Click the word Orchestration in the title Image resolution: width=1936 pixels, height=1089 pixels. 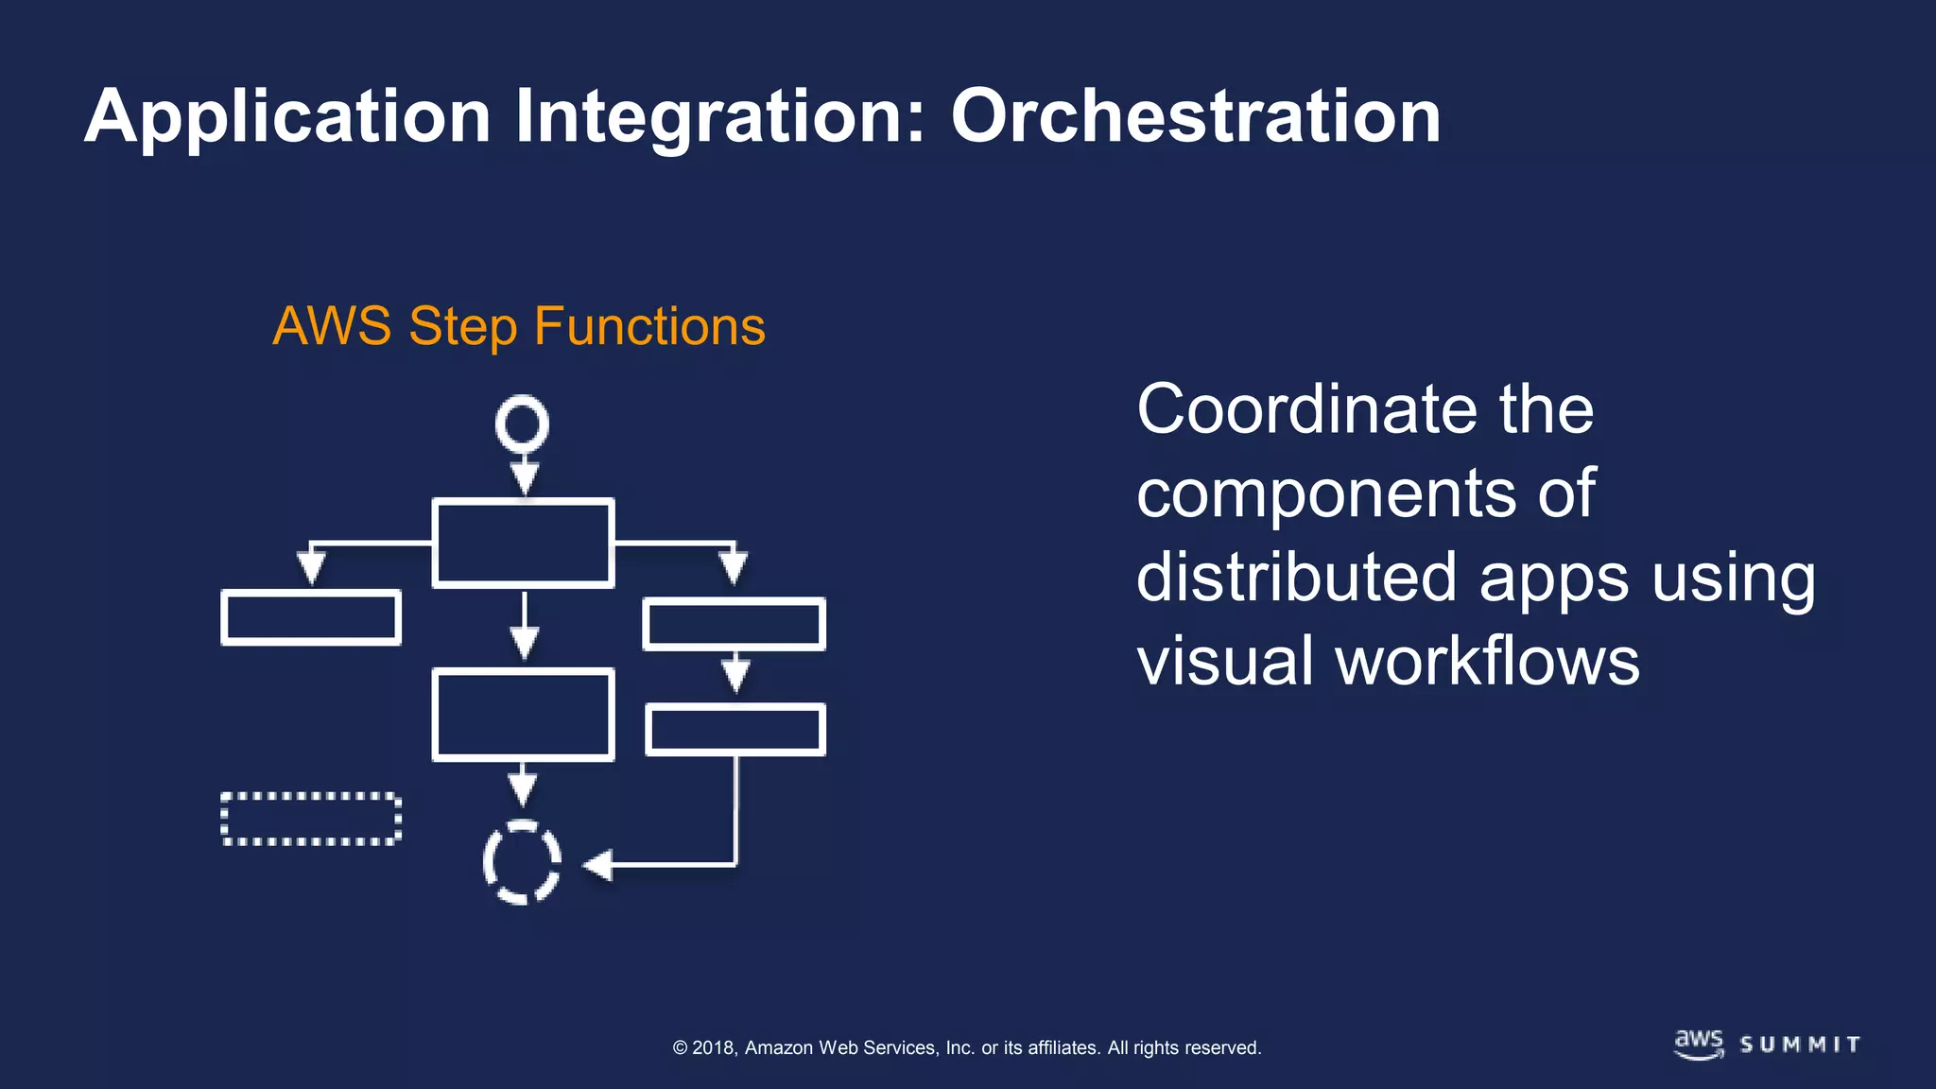1196,116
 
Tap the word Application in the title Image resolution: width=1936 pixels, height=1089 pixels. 287,116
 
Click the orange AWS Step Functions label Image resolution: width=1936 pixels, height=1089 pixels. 519,327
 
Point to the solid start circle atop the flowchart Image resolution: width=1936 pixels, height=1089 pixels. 522,423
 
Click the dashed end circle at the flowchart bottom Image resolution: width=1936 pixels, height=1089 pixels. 522,861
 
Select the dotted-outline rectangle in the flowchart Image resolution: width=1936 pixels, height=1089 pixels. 311,819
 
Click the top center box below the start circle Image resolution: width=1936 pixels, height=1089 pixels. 523,544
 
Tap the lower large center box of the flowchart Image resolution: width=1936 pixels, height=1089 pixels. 523,715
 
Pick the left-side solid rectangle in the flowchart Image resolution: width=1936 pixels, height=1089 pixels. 311,617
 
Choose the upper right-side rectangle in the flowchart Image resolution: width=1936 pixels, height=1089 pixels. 735,624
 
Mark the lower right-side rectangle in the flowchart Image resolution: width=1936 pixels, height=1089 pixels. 735,729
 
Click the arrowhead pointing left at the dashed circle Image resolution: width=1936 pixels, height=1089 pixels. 598,864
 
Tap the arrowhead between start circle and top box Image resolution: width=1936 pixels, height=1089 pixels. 525,477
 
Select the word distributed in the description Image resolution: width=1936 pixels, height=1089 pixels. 1296,578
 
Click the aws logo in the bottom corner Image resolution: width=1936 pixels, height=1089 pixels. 1699,1044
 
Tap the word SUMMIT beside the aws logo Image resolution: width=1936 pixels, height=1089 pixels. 1801,1045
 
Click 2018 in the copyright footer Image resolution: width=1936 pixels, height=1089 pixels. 714,1047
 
